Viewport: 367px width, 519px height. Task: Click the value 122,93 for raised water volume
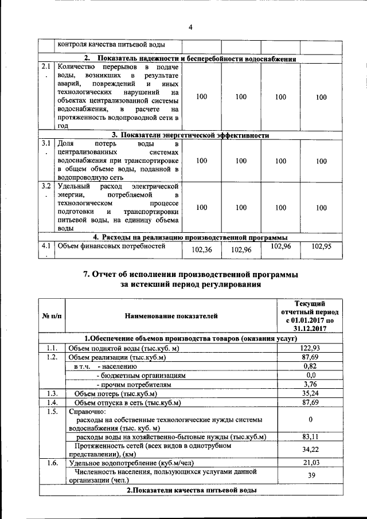(x=310, y=348)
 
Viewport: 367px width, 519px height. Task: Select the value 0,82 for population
(x=310, y=366)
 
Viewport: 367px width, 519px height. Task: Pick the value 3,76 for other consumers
(x=310, y=384)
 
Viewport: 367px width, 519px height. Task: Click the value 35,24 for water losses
(x=310, y=393)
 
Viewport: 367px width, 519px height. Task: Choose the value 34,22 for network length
(x=310, y=450)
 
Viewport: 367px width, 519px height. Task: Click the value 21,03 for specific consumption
(x=310, y=463)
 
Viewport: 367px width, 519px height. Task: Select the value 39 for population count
(x=310, y=476)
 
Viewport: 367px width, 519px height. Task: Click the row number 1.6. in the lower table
(x=52, y=463)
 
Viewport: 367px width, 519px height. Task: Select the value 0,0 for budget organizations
(x=310, y=374)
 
